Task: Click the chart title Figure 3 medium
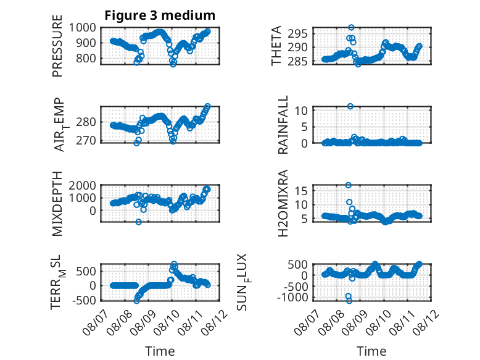coord(160,15)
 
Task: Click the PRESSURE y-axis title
coord(57,46)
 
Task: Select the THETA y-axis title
coord(276,46)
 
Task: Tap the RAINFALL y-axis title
coord(283,125)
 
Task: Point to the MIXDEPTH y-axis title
coord(57,204)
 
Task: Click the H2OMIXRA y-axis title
coord(283,203)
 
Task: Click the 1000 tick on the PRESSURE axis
coord(82,28)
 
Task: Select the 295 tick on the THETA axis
coord(297,33)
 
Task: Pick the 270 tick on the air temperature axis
coord(86,141)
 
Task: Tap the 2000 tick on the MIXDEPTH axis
coord(82,185)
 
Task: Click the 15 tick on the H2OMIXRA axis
coord(300,191)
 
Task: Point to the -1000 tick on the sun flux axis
coord(292,297)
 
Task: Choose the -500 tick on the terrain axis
coord(84,300)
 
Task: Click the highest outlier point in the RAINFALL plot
coord(350,106)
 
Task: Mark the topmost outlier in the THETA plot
coord(352,28)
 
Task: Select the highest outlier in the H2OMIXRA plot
coord(349,185)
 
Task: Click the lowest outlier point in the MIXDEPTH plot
coord(139,222)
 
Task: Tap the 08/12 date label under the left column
coord(217,322)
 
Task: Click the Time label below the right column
coord(371,351)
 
